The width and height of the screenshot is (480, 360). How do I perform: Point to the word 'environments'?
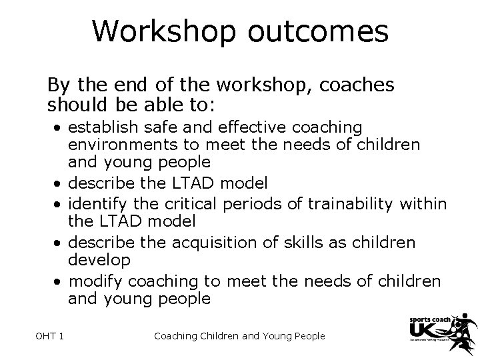point(113,144)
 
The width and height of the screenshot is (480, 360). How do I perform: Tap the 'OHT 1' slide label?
point(50,336)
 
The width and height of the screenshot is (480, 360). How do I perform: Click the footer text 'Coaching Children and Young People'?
point(239,336)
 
